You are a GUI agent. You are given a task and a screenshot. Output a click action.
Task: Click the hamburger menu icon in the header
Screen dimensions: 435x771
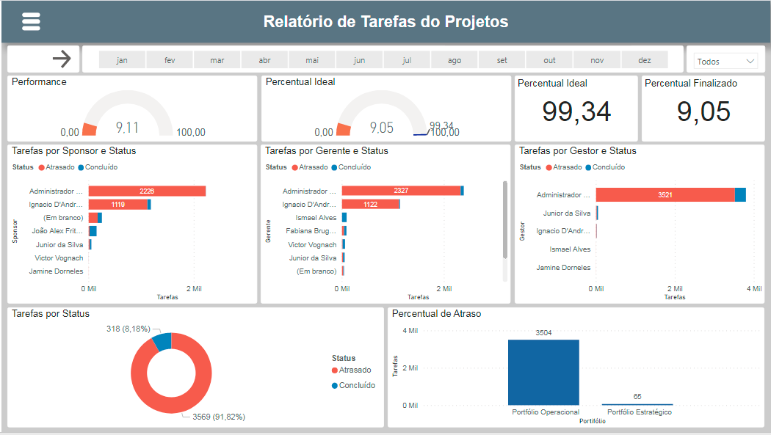click(31, 22)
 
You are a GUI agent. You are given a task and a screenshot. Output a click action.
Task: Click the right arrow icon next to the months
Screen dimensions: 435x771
click(62, 59)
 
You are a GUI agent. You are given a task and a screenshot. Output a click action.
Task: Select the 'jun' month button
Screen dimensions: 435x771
click(359, 60)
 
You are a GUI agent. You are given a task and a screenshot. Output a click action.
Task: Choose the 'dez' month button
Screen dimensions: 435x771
click(644, 60)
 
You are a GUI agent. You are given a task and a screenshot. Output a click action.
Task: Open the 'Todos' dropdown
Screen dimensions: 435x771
click(725, 62)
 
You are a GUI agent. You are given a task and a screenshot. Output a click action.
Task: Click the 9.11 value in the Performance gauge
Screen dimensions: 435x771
click(127, 128)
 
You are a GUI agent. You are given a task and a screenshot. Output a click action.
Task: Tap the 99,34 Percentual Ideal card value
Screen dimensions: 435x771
click(576, 112)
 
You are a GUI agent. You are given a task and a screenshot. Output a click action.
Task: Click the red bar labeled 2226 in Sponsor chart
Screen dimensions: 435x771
click(147, 191)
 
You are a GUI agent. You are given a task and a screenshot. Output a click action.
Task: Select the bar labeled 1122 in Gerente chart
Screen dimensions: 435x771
click(370, 204)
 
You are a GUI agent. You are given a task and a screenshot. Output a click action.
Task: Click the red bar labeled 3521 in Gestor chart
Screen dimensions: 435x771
click(665, 195)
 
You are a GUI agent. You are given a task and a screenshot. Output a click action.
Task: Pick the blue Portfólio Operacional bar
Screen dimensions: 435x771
click(543, 372)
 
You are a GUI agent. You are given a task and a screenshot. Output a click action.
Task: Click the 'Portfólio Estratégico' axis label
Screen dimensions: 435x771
click(639, 412)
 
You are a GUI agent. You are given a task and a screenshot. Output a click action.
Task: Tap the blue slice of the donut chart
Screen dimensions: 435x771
click(163, 340)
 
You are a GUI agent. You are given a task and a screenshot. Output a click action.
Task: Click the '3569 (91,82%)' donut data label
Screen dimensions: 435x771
click(219, 417)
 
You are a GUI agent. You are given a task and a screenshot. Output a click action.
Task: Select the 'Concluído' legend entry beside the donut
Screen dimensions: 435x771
click(356, 385)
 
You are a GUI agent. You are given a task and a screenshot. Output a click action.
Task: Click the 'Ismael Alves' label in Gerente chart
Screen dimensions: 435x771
click(316, 218)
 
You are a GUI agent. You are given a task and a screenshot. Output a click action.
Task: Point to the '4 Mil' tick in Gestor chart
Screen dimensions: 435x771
click(753, 289)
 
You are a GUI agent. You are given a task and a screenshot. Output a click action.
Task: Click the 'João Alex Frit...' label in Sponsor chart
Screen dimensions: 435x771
click(57, 231)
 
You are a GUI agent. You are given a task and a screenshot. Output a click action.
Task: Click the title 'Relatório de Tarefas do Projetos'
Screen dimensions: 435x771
click(385, 22)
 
